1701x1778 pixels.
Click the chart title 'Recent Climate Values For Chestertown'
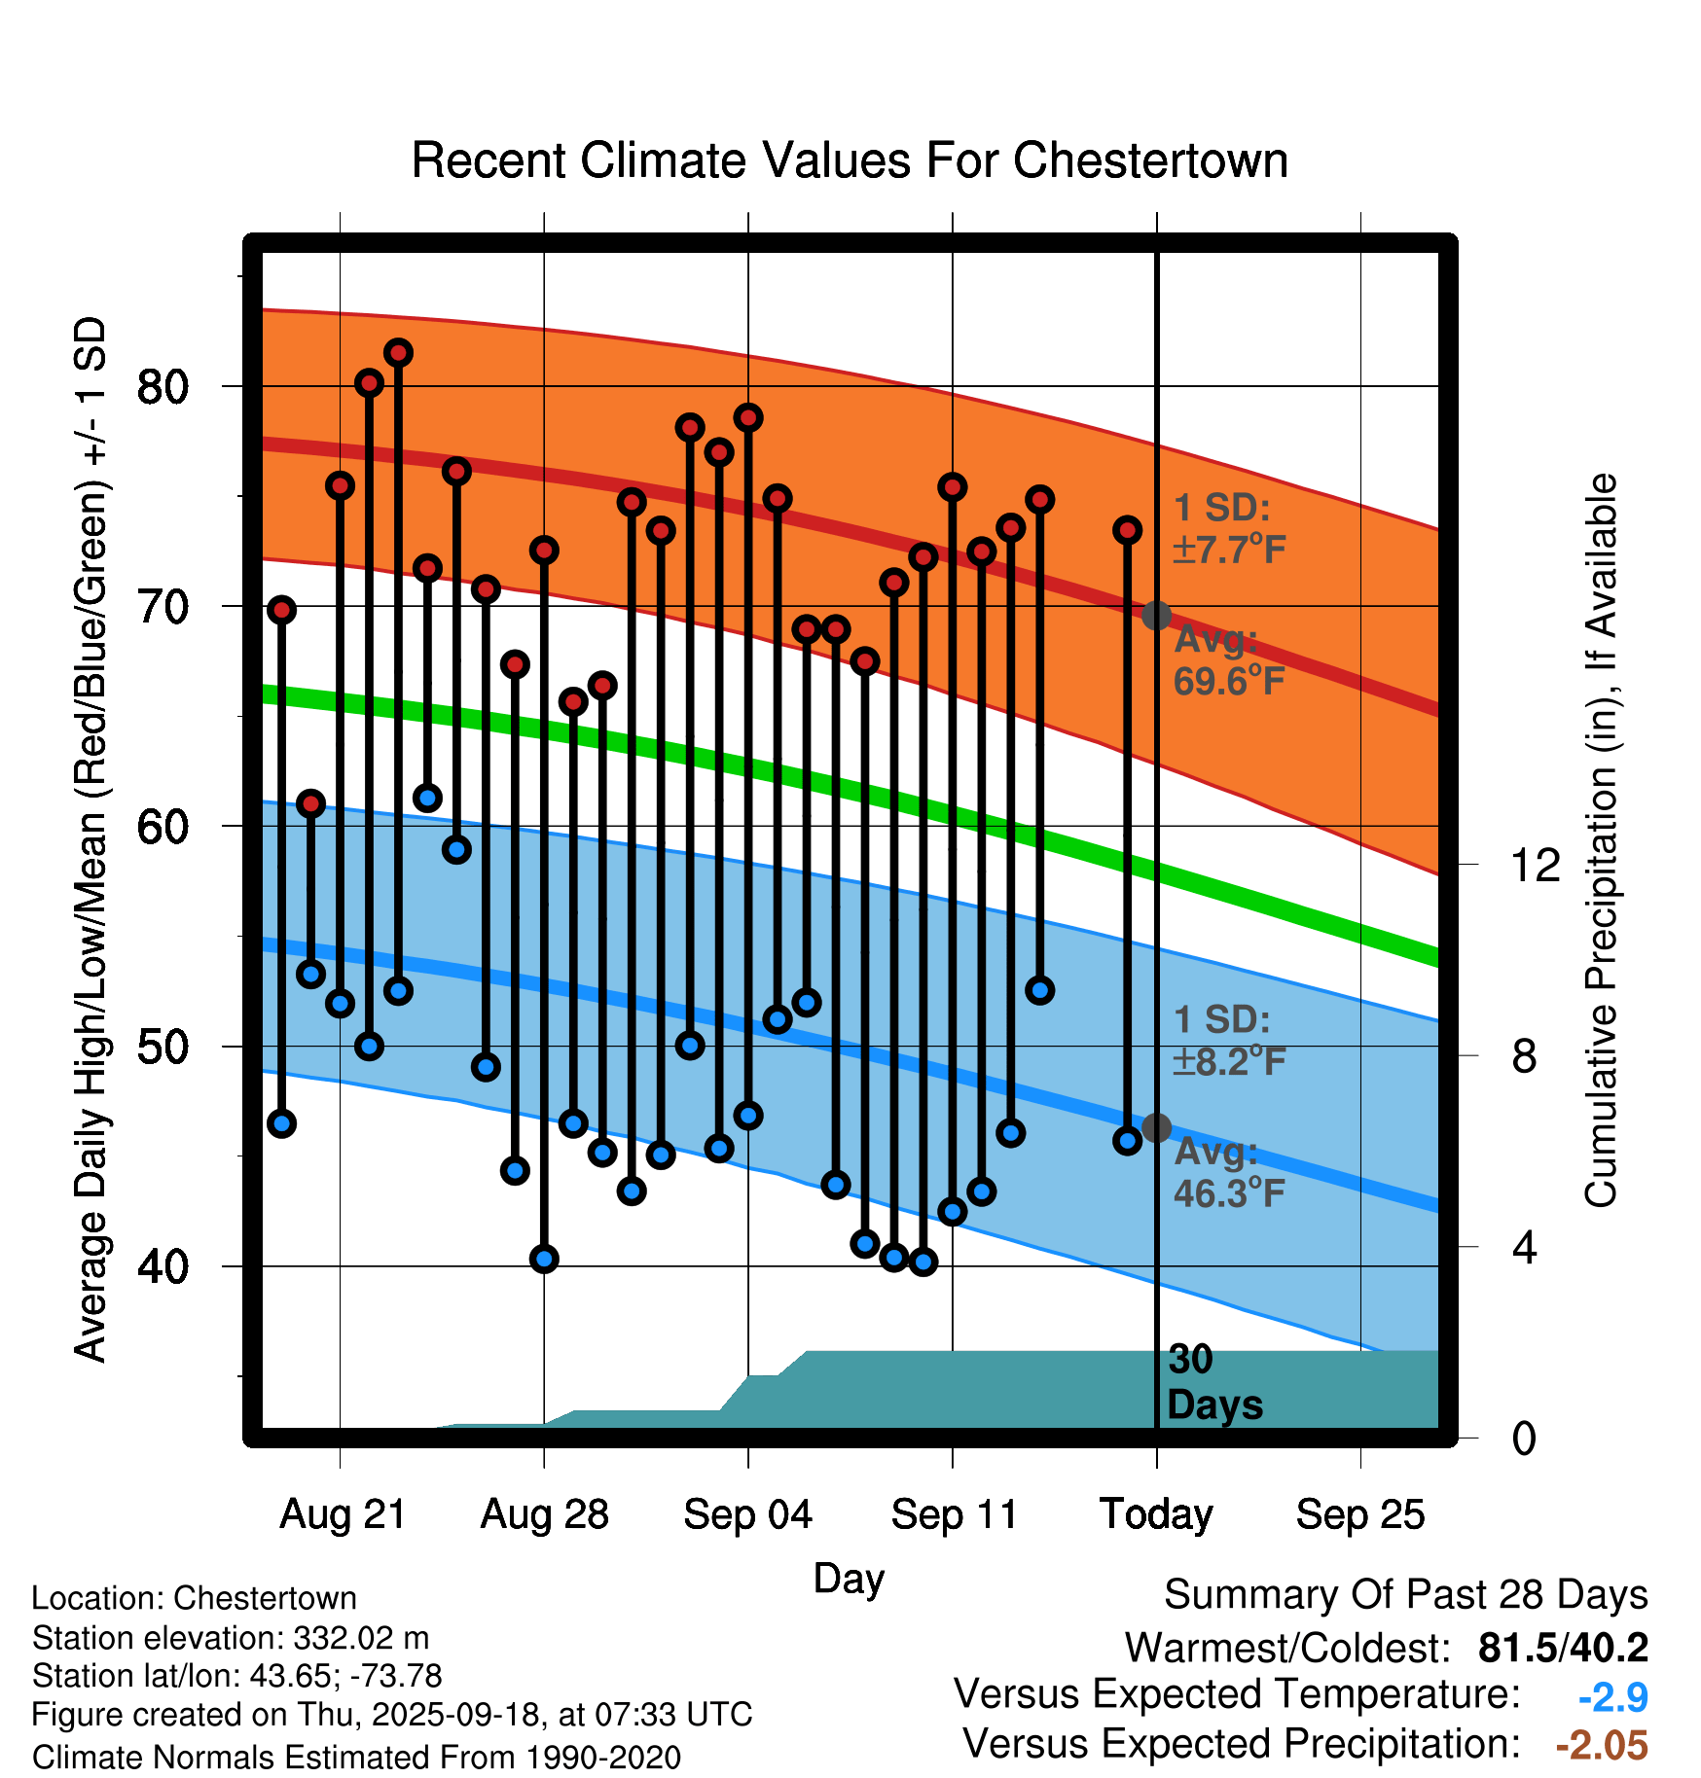coord(850,160)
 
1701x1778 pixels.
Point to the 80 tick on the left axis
coord(163,387)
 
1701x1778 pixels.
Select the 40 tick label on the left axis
coord(163,1266)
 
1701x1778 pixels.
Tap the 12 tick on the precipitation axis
coord(1536,865)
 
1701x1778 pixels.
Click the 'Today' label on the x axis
coord(1156,1514)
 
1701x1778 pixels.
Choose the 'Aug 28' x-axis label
coord(544,1514)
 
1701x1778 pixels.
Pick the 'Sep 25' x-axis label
coord(1359,1514)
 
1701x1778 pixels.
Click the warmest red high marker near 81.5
coord(398,352)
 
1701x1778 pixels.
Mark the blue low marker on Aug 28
coord(544,1259)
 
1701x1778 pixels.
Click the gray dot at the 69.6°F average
coord(1156,615)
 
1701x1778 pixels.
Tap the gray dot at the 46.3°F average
coord(1156,1127)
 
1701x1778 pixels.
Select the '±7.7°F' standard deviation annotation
coord(1229,551)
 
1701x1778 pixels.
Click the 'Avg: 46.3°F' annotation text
coord(1228,1172)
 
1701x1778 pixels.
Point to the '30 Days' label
coord(1213,1382)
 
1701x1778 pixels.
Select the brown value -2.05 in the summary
coord(1602,1745)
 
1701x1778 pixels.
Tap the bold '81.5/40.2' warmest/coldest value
coord(1563,1648)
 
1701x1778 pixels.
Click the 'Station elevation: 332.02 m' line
coord(231,1638)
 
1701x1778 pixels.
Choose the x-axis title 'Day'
coord(849,1578)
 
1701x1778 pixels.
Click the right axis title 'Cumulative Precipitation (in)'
coord(1600,840)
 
